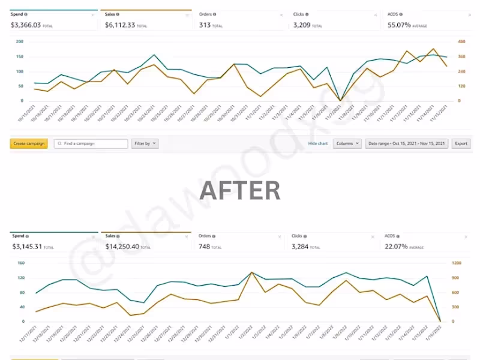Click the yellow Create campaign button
click(29, 144)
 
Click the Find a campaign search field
click(91, 144)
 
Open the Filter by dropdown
click(145, 144)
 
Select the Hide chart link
click(318, 144)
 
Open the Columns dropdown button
click(347, 144)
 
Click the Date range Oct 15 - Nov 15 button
click(407, 144)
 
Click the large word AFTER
click(239, 190)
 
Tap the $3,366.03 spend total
click(26, 25)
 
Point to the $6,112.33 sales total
click(120, 25)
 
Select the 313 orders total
click(206, 25)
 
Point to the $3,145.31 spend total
click(26, 247)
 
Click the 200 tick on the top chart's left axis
click(19, 41)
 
